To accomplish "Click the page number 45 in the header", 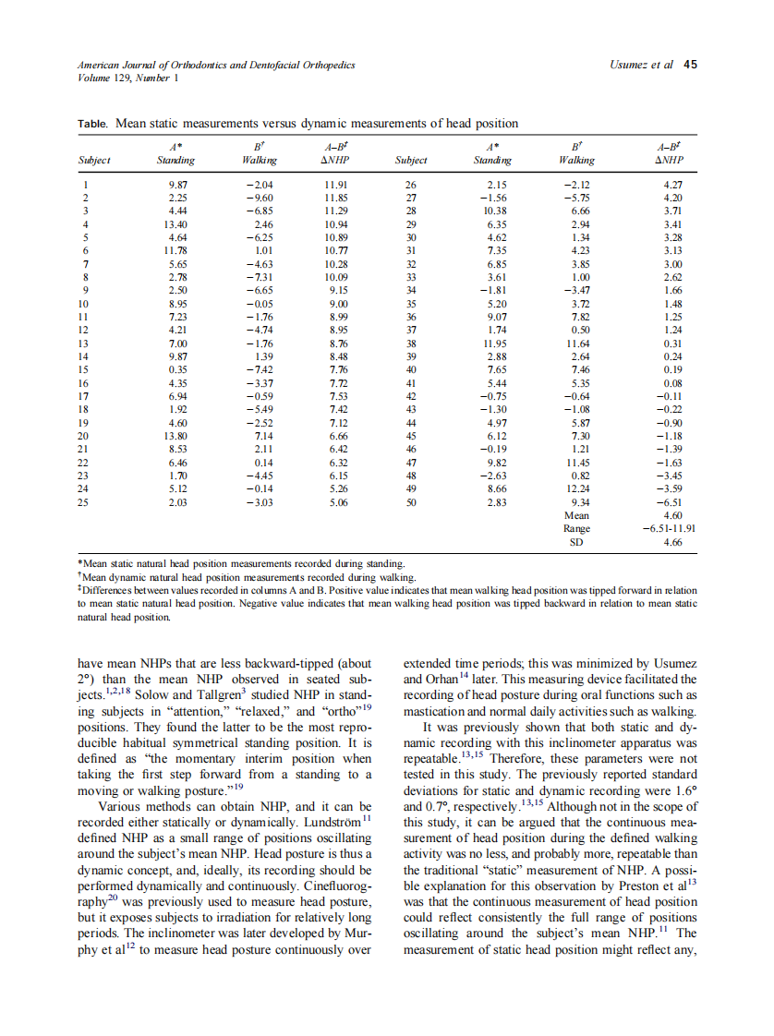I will tap(690, 66).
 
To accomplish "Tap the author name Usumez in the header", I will tap(630, 66).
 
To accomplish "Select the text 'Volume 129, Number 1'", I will tap(127, 78).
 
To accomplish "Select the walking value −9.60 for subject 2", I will tap(258, 198).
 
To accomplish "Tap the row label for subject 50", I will tap(412, 501).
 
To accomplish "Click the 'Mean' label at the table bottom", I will tap(576, 515).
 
